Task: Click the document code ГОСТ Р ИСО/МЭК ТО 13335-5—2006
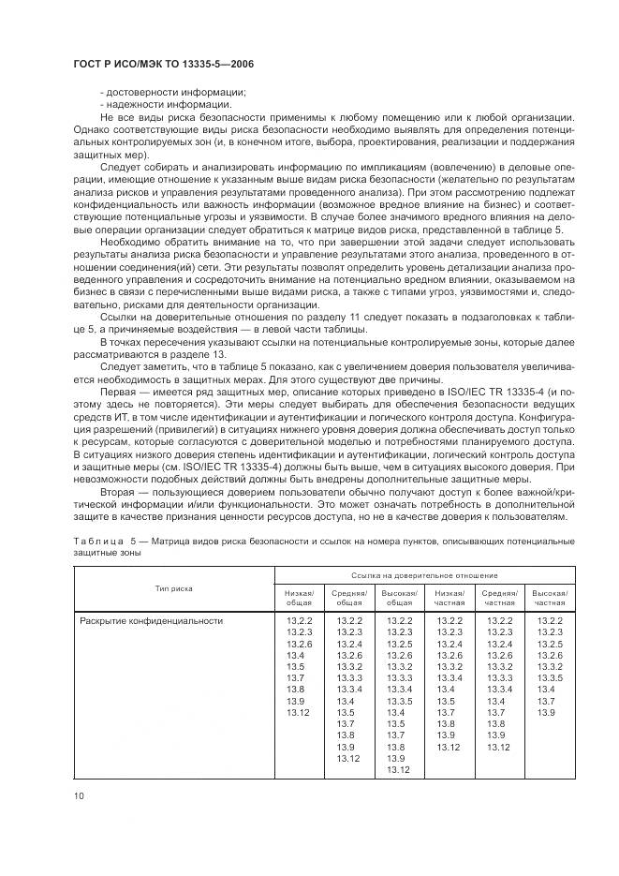164,63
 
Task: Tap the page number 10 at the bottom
80,795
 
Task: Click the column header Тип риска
174,588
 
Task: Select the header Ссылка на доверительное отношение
424,574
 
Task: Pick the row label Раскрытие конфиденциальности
151,620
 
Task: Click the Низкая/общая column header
299,599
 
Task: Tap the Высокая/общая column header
399,599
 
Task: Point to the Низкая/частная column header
449,599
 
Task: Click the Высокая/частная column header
550,599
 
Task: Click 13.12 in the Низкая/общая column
299,714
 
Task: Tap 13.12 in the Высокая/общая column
399,770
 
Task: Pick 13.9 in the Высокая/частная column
546,714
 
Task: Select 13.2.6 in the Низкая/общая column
299,644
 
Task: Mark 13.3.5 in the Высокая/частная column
550,677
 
